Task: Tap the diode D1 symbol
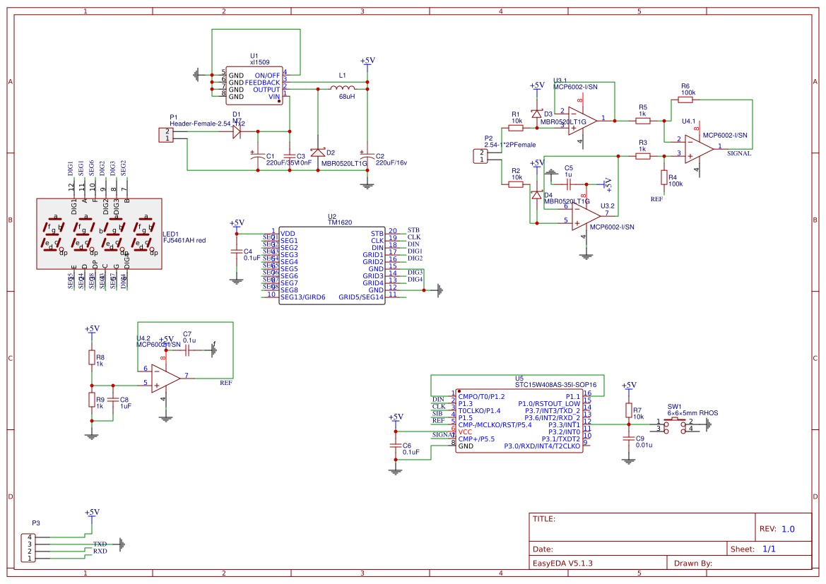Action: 237,131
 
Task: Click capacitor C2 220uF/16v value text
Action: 391,163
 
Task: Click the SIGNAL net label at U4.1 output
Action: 738,153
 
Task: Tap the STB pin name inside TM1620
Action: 377,233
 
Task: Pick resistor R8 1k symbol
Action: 91,357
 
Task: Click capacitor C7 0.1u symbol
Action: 189,350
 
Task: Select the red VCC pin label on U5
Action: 465,431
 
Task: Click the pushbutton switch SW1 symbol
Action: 675,424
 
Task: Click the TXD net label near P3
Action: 100,544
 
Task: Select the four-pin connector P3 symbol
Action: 30,547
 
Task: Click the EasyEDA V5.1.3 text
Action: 562,564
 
